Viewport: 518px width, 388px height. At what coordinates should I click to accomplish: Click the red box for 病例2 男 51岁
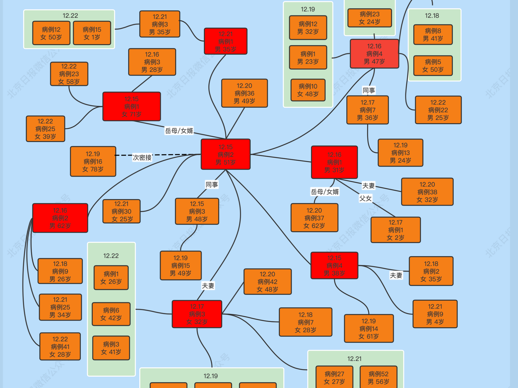[x=225, y=154]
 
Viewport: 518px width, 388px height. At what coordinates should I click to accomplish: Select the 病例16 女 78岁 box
[x=93, y=161]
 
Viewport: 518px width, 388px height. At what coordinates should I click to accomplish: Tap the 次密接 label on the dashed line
[x=142, y=158]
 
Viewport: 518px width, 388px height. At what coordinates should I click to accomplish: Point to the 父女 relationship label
[x=365, y=198]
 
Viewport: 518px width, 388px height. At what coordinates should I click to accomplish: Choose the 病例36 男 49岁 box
[x=244, y=93]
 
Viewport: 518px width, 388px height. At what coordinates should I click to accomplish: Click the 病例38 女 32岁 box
[x=427, y=192]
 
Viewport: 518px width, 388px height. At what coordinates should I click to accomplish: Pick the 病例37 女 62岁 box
[x=314, y=218]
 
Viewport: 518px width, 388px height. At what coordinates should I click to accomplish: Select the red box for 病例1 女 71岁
[x=132, y=106]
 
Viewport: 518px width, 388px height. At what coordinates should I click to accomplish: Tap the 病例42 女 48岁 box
[x=267, y=282]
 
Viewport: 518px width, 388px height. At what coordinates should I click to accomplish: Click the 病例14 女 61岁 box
[x=369, y=329]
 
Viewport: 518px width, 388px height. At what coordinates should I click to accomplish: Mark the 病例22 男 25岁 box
[x=438, y=110]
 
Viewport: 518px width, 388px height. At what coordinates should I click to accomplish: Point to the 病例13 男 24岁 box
[x=400, y=153]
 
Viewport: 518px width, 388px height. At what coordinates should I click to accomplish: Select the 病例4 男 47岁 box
[x=374, y=54]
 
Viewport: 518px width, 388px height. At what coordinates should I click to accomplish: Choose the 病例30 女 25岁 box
[x=121, y=211]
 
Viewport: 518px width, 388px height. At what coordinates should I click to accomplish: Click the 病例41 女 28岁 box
[x=60, y=346]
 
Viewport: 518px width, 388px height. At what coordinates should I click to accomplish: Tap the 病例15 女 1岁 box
[x=92, y=33]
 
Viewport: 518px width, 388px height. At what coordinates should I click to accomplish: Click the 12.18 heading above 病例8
[x=432, y=16]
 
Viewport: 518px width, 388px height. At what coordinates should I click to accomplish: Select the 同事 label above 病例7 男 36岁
[x=369, y=90]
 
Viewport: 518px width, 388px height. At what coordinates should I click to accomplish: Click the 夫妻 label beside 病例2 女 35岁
[x=396, y=275]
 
